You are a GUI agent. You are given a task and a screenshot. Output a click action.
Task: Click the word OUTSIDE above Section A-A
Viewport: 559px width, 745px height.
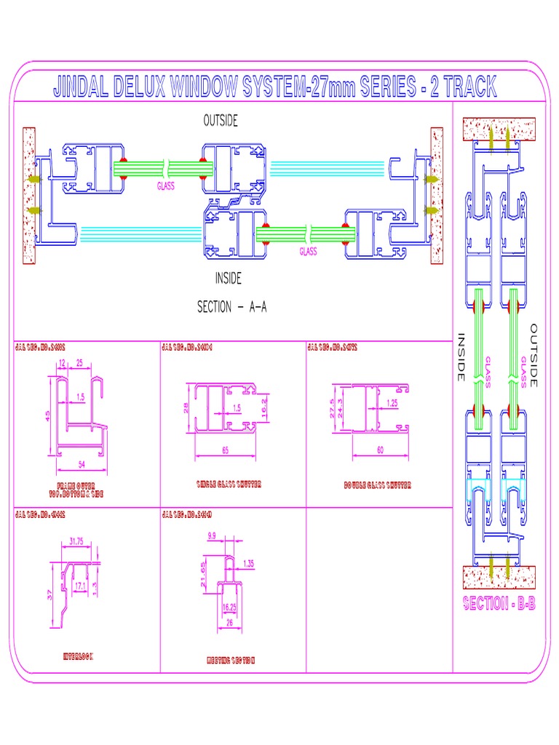pyautogui.click(x=220, y=121)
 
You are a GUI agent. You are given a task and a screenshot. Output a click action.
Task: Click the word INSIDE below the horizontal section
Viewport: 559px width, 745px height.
pyautogui.click(x=228, y=278)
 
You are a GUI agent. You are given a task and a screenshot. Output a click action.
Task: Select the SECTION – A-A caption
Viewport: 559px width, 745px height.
pyautogui.click(x=231, y=307)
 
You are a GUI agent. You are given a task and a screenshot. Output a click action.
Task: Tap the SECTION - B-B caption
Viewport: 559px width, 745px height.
pyautogui.click(x=499, y=604)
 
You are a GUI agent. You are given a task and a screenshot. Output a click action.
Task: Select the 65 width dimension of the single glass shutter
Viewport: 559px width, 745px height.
pyautogui.click(x=225, y=451)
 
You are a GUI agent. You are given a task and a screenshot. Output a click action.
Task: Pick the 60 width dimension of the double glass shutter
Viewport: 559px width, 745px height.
pyautogui.click(x=380, y=450)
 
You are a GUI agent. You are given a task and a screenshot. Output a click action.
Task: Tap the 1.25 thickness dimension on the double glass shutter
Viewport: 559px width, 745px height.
pyautogui.click(x=392, y=402)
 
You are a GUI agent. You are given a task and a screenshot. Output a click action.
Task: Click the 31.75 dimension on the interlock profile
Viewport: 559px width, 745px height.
pyautogui.click(x=76, y=541)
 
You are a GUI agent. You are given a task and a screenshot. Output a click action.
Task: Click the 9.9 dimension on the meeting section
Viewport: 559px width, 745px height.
pyautogui.click(x=212, y=535)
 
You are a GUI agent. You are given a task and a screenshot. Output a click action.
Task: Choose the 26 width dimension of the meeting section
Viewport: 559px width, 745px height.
pyautogui.click(x=229, y=623)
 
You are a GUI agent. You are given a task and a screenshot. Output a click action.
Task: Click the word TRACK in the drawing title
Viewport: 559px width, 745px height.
pyautogui.click(x=470, y=88)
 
